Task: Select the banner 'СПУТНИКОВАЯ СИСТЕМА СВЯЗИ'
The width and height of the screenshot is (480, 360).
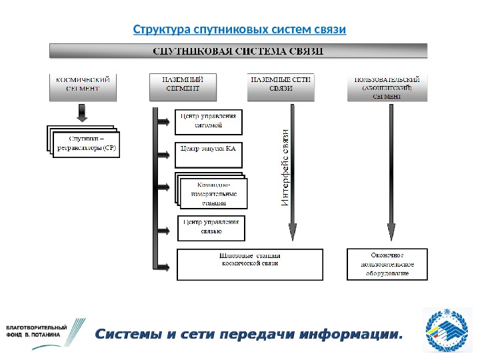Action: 239,51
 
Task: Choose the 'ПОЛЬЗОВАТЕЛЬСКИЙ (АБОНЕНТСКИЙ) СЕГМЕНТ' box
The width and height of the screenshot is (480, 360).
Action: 387,87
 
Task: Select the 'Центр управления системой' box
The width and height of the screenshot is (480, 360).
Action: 209,121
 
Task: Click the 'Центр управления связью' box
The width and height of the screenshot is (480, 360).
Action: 211,227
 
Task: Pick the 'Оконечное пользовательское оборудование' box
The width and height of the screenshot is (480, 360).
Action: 387,264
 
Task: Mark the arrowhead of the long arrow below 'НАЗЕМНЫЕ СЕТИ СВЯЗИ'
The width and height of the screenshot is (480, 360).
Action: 293,233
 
